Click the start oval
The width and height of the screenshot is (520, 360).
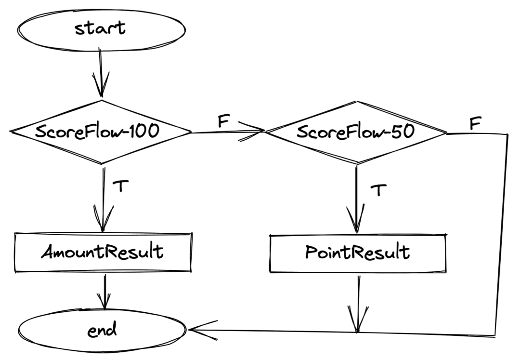(x=102, y=28)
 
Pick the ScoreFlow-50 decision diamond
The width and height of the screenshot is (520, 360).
(x=356, y=132)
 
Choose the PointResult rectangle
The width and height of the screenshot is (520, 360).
(x=357, y=252)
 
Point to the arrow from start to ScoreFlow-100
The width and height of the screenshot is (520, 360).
(x=102, y=72)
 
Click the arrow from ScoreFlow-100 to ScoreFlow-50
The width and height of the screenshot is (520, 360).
(x=226, y=131)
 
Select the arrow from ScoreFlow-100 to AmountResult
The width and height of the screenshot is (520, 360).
(x=103, y=198)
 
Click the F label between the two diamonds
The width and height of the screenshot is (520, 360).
(x=223, y=120)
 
